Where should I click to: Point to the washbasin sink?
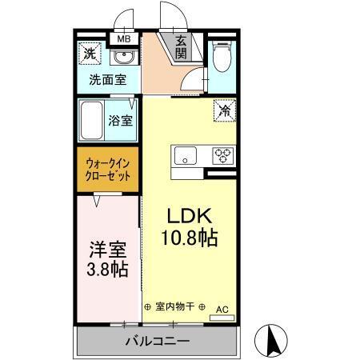(122, 58)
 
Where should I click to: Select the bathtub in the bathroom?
(91, 119)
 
